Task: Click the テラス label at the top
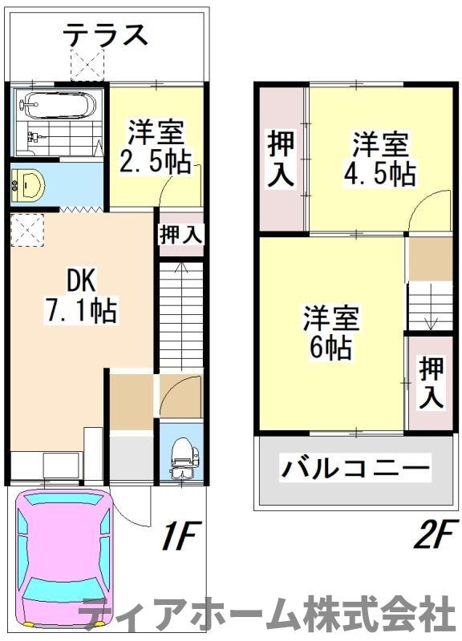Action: tap(106, 34)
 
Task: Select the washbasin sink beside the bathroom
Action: tap(30, 184)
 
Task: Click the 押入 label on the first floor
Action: tap(180, 235)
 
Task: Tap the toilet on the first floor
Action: tap(183, 458)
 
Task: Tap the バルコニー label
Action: tap(355, 468)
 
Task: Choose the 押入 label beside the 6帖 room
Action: tap(431, 381)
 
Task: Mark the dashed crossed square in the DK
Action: tap(26, 231)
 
